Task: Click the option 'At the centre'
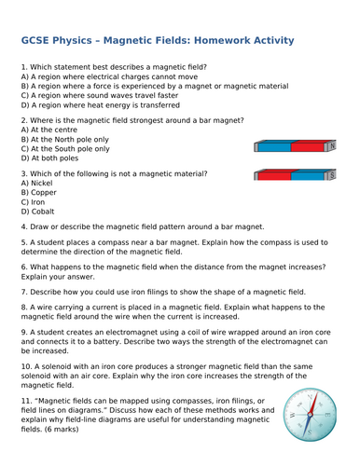[47, 130]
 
